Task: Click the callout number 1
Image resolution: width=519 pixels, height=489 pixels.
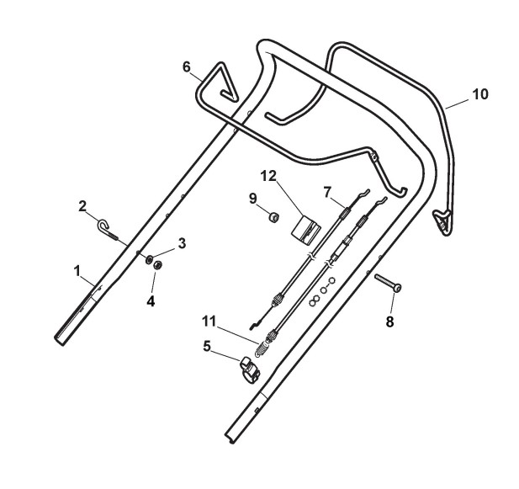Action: pyautogui.click(x=77, y=271)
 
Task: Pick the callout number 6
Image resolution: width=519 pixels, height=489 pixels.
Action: pyautogui.click(x=187, y=66)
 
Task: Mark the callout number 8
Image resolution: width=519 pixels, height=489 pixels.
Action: pyautogui.click(x=389, y=320)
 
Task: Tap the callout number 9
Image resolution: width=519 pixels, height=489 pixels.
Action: pyautogui.click(x=253, y=199)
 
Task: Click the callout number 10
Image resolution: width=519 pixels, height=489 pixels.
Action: pyautogui.click(x=479, y=94)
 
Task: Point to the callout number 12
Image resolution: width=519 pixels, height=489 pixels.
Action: pyautogui.click(x=267, y=176)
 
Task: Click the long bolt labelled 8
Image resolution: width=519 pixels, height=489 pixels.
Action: pyautogui.click(x=387, y=283)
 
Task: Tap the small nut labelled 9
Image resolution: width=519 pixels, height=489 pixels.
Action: pyautogui.click(x=273, y=217)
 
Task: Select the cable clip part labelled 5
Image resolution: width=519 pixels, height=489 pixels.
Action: pyautogui.click(x=250, y=367)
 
